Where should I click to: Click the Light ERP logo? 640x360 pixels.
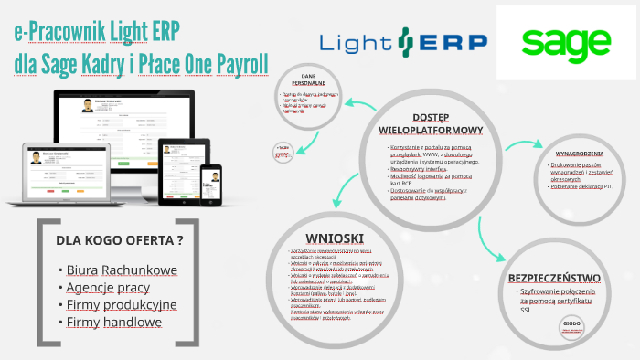(403, 41)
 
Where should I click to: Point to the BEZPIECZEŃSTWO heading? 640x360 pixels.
(553, 278)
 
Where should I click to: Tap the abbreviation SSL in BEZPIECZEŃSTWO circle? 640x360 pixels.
(526, 310)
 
